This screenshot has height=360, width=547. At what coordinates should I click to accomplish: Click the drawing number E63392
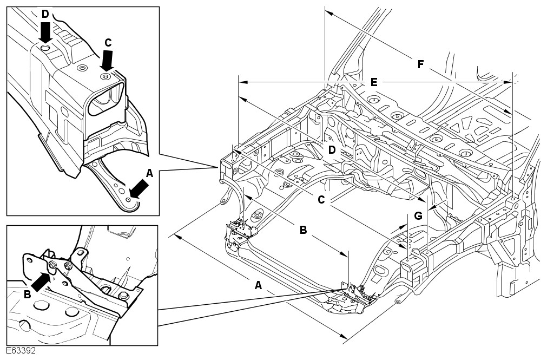click(x=22, y=351)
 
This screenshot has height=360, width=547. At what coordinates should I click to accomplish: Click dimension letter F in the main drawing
click(x=420, y=64)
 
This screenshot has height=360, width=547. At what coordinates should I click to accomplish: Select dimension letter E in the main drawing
click(x=373, y=82)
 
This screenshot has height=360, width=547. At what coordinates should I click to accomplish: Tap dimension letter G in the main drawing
click(x=418, y=215)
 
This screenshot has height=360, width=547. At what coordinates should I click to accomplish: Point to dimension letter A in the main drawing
click(x=258, y=286)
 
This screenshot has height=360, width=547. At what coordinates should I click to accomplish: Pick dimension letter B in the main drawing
click(x=304, y=230)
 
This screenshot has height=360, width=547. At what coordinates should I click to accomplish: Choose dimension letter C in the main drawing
click(x=321, y=200)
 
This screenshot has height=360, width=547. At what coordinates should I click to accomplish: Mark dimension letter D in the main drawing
click(x=332, y=149)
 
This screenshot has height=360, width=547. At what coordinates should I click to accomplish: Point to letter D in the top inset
click(x=45, y=13)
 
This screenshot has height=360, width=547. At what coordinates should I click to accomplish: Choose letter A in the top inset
click(x=150, y=173)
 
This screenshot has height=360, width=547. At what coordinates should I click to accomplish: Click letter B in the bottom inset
click(x=27, y=294)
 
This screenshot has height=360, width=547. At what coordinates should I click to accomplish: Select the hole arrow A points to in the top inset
click(x=128, y=200)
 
